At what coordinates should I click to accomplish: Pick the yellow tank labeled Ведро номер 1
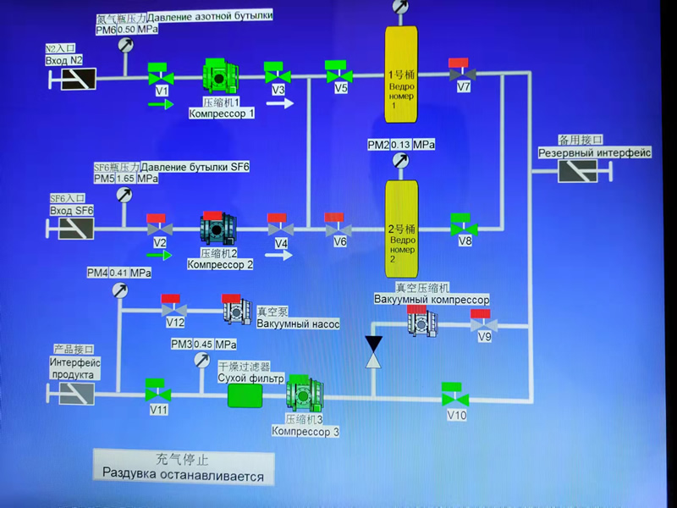point(401,74)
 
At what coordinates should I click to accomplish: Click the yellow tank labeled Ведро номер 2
point(401,227)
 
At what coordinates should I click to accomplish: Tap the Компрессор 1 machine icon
point(221,74)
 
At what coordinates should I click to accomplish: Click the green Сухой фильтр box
point(246,395)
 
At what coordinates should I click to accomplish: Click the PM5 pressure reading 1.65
point(125,179)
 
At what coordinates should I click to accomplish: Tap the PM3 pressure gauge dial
point(201,361)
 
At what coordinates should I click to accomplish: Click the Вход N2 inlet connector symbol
point(74,79)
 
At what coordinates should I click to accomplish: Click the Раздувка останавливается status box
point(184,467)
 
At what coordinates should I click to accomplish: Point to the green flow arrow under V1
point(160,104)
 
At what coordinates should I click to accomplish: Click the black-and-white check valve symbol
point(373,351)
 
